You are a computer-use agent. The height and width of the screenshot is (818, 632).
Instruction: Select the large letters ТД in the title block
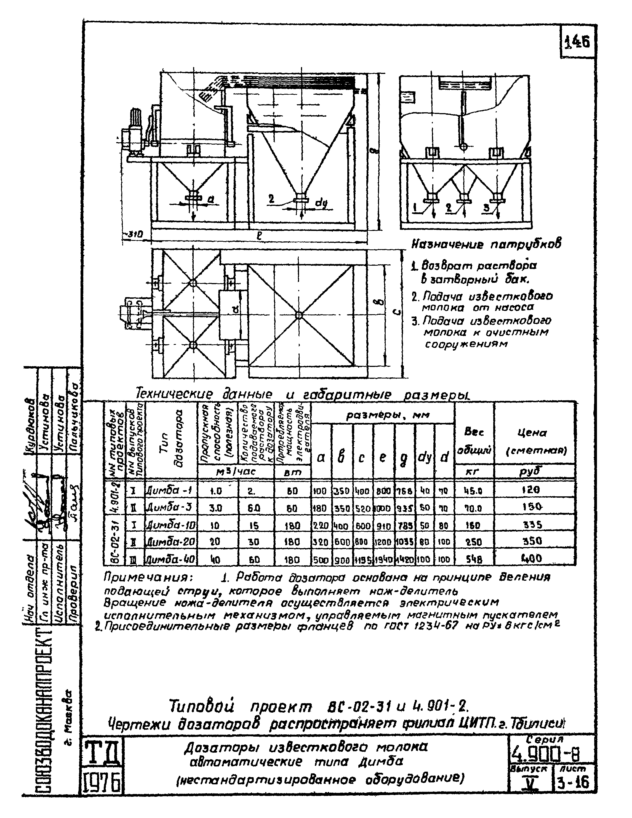point(102,755)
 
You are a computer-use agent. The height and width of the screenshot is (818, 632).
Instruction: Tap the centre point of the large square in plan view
point(299,315)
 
